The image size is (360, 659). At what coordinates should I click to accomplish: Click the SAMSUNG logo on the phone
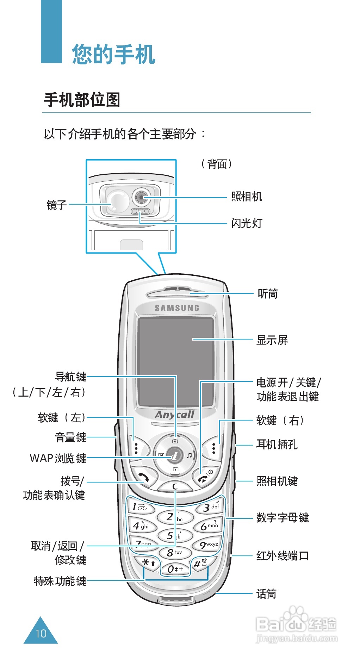[x=177, y=308]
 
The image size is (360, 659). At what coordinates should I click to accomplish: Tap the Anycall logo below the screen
[x=175, y=415]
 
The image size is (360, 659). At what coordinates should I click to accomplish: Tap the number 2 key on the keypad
[x=174, y=517]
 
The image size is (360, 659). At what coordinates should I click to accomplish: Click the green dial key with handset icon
[x=143, y=478]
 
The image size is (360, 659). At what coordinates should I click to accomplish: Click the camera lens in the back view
[x=141, y=197]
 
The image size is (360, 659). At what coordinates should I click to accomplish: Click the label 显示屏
[x=272, y=340]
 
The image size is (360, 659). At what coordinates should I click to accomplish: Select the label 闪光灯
[x=247, y=223]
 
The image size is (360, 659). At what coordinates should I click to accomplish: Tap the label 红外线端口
[x=283, y=556]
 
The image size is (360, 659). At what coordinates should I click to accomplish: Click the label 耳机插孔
[x=277, y=444]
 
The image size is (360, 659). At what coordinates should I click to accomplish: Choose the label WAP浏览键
[x=58, y=458]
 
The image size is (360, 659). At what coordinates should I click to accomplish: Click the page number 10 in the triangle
[x=41, y=634]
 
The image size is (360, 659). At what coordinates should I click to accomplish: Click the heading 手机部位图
[x=82, y=100]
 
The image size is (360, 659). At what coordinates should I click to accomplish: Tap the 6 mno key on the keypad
[x=209, y=526]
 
